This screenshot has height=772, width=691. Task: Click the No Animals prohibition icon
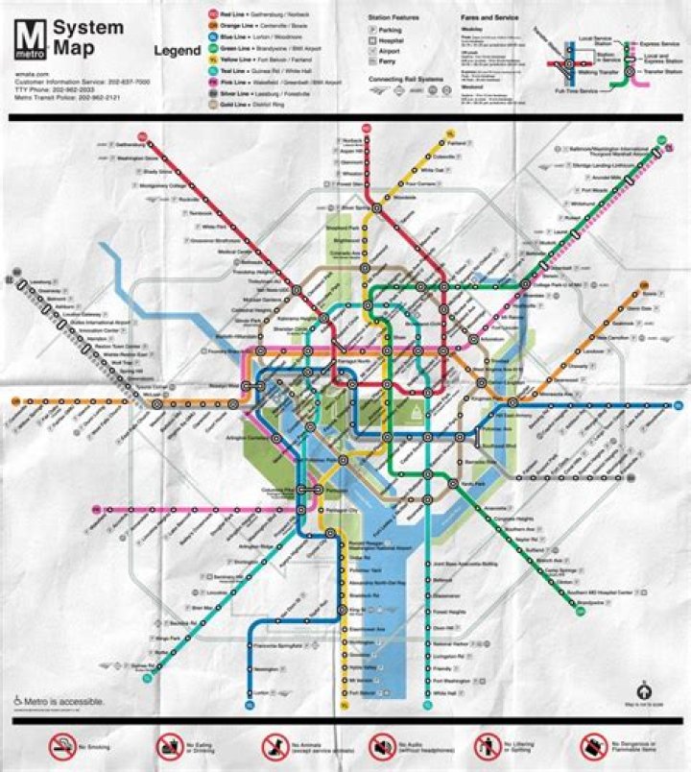click(x=274, y=745)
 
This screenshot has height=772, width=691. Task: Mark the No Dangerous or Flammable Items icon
click(x=592, y=745)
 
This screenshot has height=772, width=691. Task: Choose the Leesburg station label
click(x=38, y=281)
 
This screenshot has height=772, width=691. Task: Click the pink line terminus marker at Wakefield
click(x=97, y=509)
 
